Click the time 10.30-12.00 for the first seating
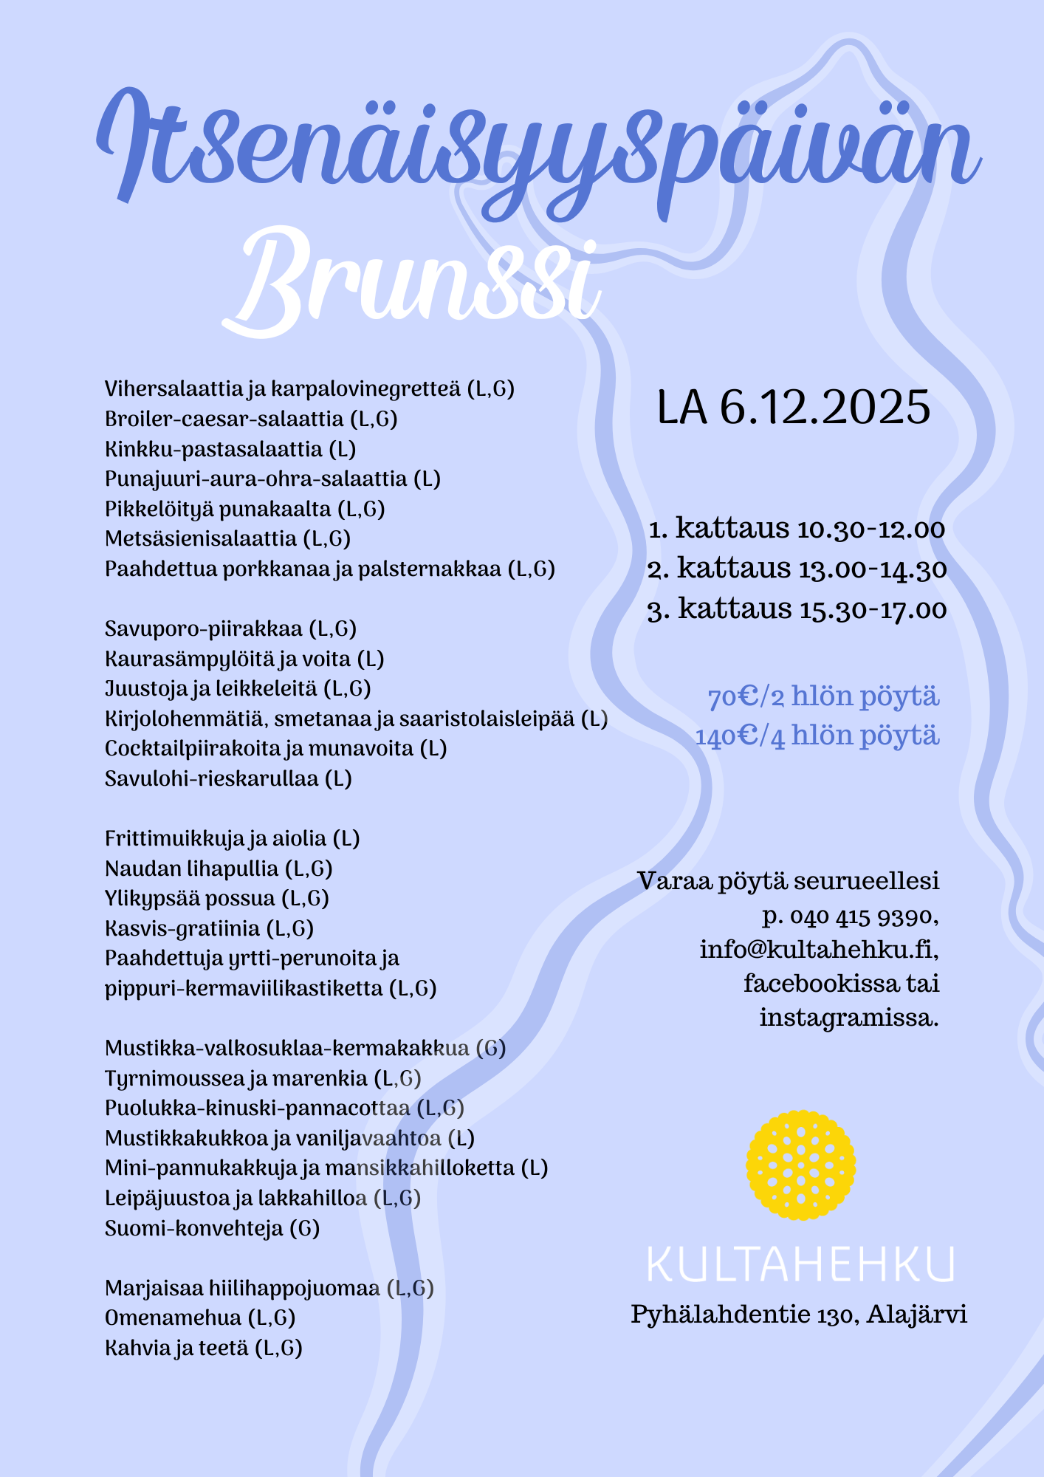871,530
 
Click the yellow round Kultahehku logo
801,1165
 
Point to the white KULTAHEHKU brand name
800,1264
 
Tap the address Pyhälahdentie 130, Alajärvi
799,1315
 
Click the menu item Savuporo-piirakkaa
204,629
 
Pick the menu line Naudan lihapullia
192,868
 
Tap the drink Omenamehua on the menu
174,1318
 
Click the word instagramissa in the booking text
849,1018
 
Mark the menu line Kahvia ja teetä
177,1349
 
